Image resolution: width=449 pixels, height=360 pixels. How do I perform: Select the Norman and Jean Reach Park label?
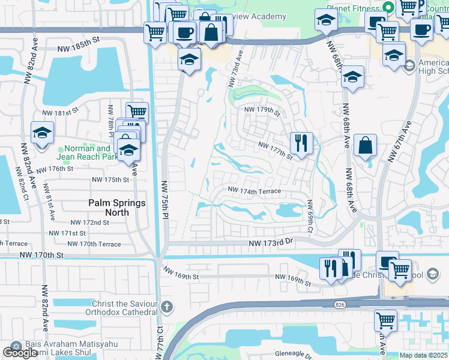(83, 152)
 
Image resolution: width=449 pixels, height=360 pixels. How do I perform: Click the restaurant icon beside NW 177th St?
(300, 143)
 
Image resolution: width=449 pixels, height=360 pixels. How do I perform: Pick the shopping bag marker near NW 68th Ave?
(365, 145)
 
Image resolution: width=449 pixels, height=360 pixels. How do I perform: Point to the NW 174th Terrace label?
(254, 191)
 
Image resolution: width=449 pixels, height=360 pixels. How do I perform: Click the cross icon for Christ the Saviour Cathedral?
(167, 307)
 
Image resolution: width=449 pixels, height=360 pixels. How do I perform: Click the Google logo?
(20, 353)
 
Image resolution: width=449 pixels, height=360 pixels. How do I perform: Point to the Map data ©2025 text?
(424, 355)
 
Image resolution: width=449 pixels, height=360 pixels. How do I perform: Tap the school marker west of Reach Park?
(42, 133)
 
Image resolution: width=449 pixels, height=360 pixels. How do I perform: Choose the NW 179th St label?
(262, 110)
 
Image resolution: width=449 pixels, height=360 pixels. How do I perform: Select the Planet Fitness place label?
(354, 7)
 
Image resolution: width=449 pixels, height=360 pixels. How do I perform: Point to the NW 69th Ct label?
(310, 216)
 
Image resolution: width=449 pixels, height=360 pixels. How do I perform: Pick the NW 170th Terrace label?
(94, 244)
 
